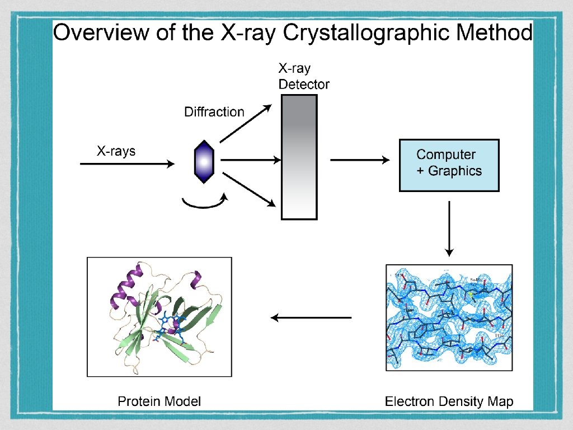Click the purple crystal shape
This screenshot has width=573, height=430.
click(x=204, y=161)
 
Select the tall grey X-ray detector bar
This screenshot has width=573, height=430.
click(x=299, y=156)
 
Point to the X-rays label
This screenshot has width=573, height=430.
click(x=116, y=151)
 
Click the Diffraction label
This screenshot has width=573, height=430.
click(x=214, y=112)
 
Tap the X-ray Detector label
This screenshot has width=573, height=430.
click(x=303, y=77)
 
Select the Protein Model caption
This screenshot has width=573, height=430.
click(x=159, y=401)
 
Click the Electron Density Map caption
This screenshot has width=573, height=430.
click(x=449, y=401)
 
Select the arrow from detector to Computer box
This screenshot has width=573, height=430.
click(x=360, y=161)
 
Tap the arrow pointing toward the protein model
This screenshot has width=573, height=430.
click(x=311, y=318)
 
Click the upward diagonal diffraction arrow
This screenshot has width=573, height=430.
click(x=245, y=123)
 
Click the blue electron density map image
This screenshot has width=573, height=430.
click(x=448, y=316)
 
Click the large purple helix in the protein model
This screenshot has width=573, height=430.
click(x=126, y=286)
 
